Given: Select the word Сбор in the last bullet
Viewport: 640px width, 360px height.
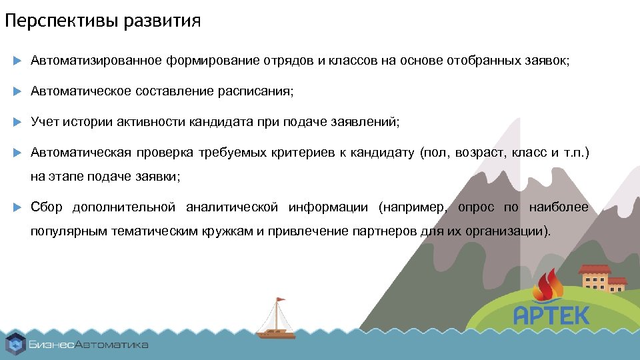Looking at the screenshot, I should pyautogui.click(x=47, y=207).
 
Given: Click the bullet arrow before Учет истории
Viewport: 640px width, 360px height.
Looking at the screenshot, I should pyautogui.click(x=18, y=122).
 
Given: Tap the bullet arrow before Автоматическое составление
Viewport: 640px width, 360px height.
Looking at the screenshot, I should pyautogui.click(x=18, y=91).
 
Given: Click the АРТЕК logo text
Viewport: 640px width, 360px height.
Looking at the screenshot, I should pyautogui.click(x=551, y=315).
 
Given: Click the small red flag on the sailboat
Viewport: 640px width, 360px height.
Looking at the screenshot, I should pyautogui.click(x=281, y=299).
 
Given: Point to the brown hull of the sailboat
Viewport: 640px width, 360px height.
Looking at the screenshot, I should pyautogui.click(x=276, y=333).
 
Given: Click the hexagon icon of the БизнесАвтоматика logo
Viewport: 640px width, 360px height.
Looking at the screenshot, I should pyautogui.click(x=15, y=344).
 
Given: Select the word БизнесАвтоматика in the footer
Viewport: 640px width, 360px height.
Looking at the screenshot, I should pyautogui.click(x=88, y=345).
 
